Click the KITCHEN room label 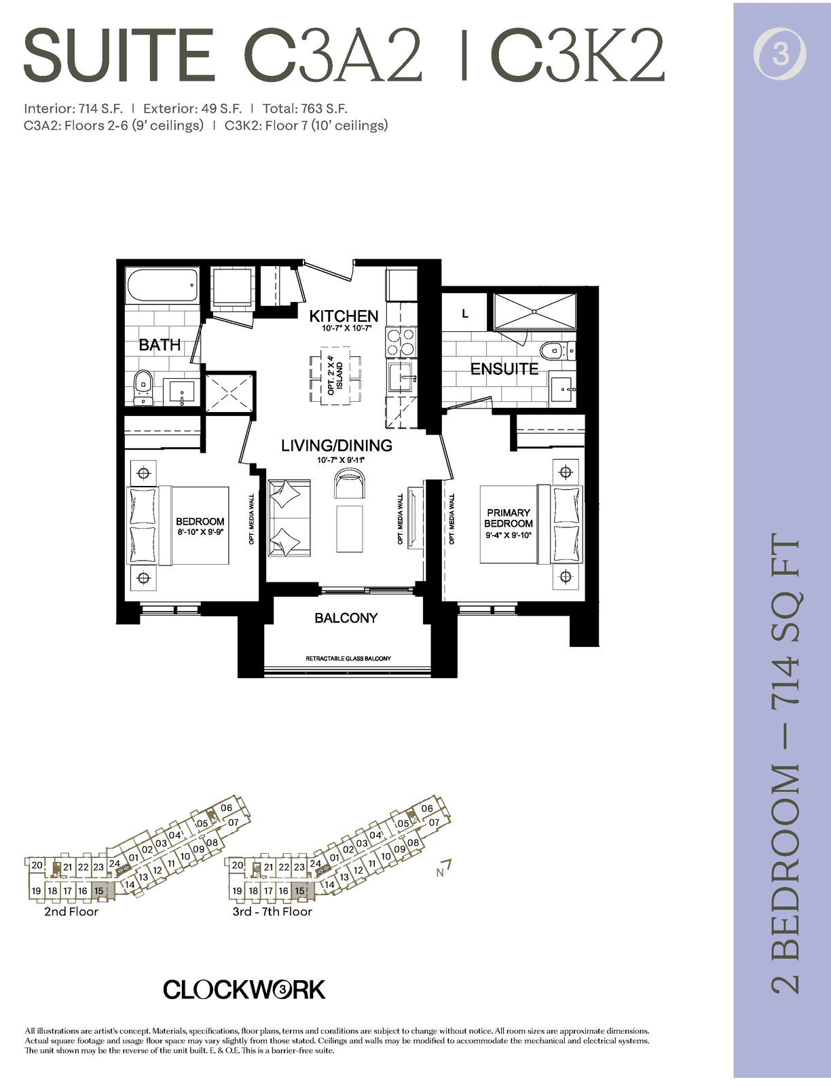[344, 316]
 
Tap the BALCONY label [346, 618]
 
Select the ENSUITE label [504, 369]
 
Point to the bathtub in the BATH [163, 286]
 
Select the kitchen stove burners [401, 342]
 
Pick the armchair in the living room [350, 484]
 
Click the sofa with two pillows [289, 518]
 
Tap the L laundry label [465, 314]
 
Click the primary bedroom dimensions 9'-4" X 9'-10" [509, 535]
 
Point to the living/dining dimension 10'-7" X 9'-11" [341, 460]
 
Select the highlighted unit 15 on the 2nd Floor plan [103, 891]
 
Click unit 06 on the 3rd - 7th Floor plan [426, 808]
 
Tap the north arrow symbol [444, 869]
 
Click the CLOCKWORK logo [244, 990]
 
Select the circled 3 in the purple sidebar [780, 54]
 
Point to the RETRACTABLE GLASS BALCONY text [348, 658]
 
